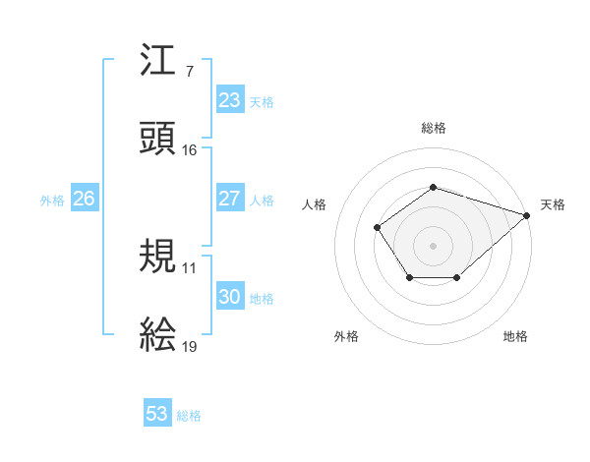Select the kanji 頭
(159, 139)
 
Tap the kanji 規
(159, 256)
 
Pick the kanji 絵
(159, 335)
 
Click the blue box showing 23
(230, 100)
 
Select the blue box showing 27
(230, 199)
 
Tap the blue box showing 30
(230, 297)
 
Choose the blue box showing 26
(84, 199)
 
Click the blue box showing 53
(157, 414)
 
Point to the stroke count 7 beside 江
(189, 71)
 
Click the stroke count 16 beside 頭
(190, 150)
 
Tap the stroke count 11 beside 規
(190, 267)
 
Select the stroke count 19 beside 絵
(190, 347)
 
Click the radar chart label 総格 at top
(433, 128)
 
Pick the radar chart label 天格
(553, 204)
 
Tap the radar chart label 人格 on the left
(315, 204)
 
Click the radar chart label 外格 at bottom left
(346, 336)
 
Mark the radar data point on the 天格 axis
(528, 214)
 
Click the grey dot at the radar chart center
(433, 245)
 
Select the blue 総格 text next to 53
(189, 416)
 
